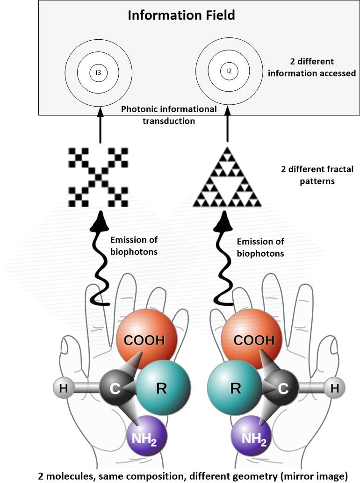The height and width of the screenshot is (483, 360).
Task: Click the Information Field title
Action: pos(181,16)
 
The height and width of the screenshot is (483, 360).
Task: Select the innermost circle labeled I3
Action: pos(99,72)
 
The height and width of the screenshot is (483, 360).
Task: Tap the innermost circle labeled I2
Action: pos(229,71)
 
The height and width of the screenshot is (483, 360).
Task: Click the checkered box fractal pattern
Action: pos(99,177)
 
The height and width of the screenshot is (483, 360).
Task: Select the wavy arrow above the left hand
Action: pos(100,262)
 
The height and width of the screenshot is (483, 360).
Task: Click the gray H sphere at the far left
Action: pos(64,388)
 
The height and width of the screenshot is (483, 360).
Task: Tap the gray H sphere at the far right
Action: pos(334,388)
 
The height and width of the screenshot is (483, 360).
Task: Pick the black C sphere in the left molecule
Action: pos(115,388)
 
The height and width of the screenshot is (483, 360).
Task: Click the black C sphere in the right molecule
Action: pos(283,388)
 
